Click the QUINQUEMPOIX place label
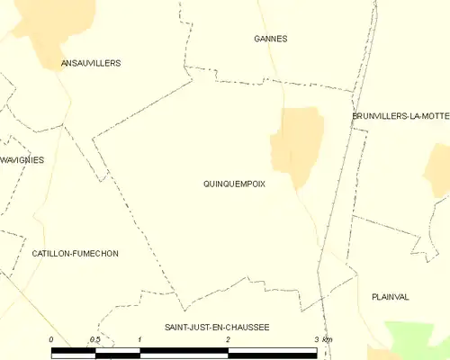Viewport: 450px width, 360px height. tap(234, 183)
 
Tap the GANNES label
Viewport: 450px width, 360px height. tap(271, 39)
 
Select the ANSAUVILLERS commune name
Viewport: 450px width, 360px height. tap(90, 63)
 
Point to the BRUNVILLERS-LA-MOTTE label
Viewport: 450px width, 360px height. tap(400, 116)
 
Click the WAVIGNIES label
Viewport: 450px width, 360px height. tap(22, 159)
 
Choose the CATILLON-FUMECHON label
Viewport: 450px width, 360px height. tap(75, 254)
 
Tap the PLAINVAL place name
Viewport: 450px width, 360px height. tap(390, 296)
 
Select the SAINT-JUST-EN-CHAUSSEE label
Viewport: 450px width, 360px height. tap(217, 328)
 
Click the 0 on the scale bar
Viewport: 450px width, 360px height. tap(51, 339)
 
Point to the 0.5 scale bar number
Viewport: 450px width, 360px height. tap(95, 339)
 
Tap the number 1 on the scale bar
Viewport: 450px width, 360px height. tap(139, 339)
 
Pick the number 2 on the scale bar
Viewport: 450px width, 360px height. tap(228, 339)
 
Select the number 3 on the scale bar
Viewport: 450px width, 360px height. tap(316, 339)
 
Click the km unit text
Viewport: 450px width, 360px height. tap(328, 339)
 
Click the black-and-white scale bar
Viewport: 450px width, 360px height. tap(184, 351)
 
